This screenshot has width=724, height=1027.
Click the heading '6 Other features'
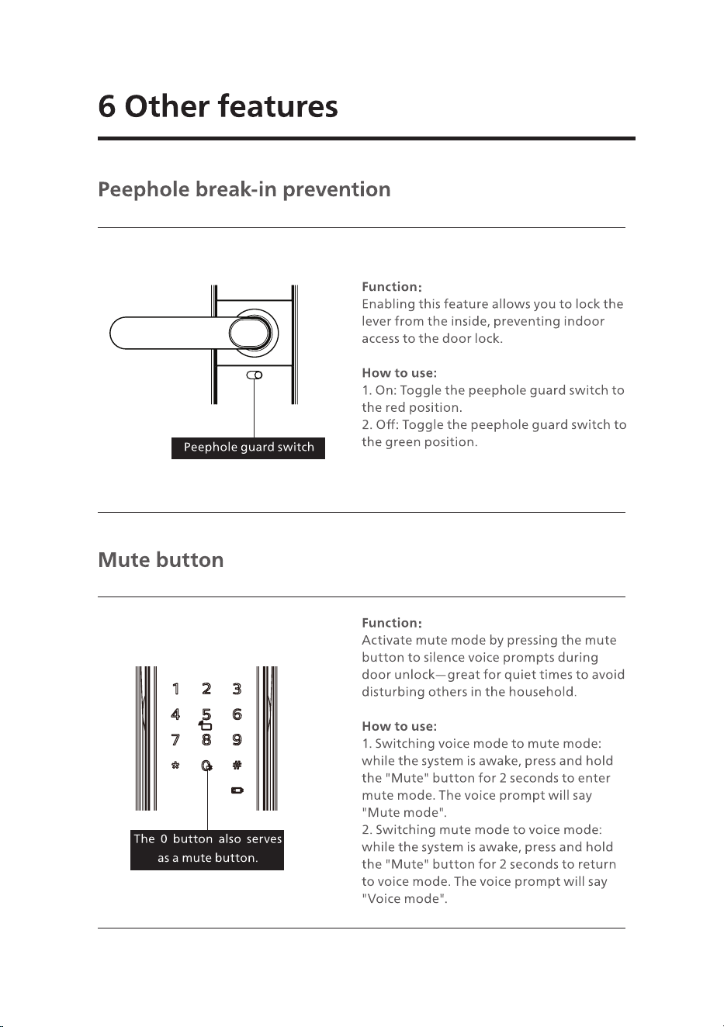[x=218, y=106]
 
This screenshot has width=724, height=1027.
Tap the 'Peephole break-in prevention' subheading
[x=244, y=189]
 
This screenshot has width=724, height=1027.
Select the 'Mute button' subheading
[x=161, y=560]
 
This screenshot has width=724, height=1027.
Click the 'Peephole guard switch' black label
[x=248, y=448]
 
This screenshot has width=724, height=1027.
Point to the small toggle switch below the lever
[x=255, y=375]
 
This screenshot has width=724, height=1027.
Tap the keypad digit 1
[x=175, y=689]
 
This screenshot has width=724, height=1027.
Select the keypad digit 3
[x=237, y=689]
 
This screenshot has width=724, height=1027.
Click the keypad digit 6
[x=237, y=714]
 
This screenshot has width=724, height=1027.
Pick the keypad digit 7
[x=175, y=739]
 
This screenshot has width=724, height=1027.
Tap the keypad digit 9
[x=237, y=739]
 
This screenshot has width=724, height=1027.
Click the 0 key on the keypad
[x=206, y=765]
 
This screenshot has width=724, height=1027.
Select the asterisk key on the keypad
[x=175, y=765]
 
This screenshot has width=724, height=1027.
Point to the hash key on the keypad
[x=237, y=765]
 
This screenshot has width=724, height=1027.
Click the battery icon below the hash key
[x=237, y=790]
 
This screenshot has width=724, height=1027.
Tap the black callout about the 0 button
[x=207, y=849]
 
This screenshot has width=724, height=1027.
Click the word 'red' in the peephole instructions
[x=395, y=407]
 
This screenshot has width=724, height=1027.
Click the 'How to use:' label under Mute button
[x=399, y=726]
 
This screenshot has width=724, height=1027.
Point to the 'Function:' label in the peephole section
[x=392, y=287]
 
